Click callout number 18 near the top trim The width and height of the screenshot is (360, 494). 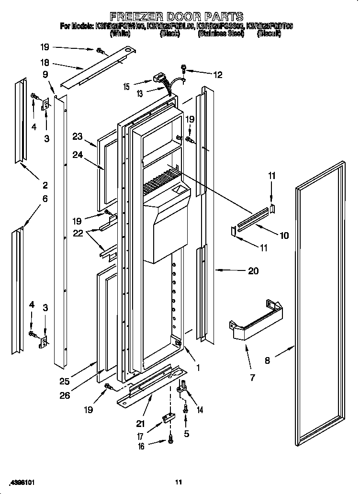point(45,63)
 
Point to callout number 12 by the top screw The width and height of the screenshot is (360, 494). point(218,74)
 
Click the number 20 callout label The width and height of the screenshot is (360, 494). point(253,271)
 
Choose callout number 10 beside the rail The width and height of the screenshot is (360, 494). point(284,235)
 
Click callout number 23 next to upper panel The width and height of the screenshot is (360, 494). point(78,136)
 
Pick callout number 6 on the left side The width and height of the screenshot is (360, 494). point(45,198)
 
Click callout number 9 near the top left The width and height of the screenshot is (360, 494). point(45,74)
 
